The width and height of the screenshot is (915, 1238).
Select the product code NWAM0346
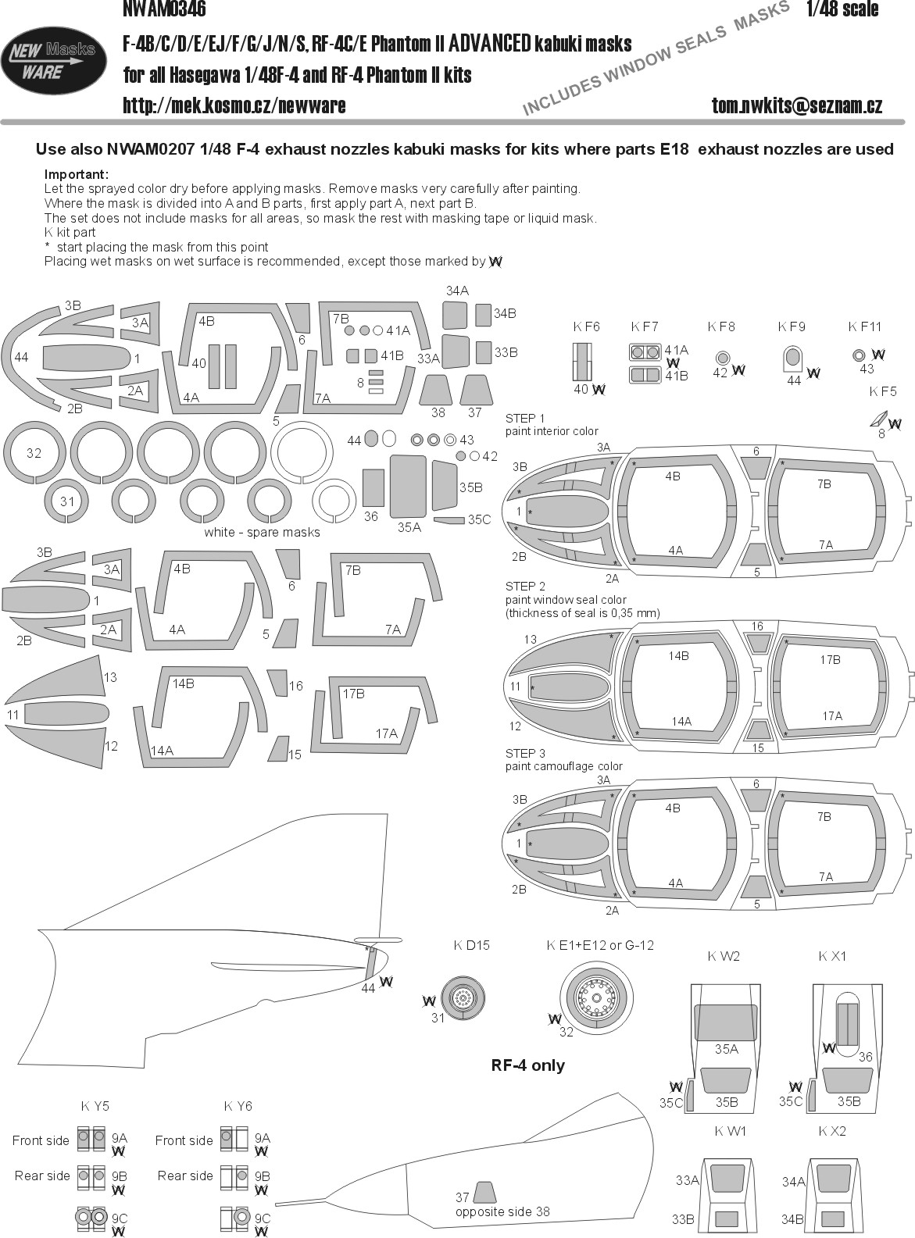[x=164, y=9]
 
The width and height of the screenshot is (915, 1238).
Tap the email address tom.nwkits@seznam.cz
[x=796, y=105]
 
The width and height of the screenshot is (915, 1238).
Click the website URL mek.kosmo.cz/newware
[x=234, y=105]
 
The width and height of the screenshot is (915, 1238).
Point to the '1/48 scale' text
[x=842, y=9]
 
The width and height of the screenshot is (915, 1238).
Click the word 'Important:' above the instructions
[x=77, y=174]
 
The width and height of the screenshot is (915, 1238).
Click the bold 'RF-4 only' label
[x=528, y=1065]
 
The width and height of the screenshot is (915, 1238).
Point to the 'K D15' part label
[x=471, y=945]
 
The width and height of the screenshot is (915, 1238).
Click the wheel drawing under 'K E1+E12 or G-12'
[x=597, y=996]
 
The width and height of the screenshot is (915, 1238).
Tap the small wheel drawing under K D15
[x=463, y=997]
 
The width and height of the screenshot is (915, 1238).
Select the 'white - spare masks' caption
[x=262, y=532]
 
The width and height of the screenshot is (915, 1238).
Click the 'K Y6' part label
[x=238, y=1106]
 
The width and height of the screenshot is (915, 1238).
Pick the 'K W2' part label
[x=724, y=956]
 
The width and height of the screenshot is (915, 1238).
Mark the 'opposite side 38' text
[x=502, y=1211]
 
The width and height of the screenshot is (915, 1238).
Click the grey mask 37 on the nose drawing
[x=484, y=1192]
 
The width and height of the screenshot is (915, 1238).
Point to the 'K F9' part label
[x=792, y=326]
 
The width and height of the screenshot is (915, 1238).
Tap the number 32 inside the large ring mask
[x=34, y=453]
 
